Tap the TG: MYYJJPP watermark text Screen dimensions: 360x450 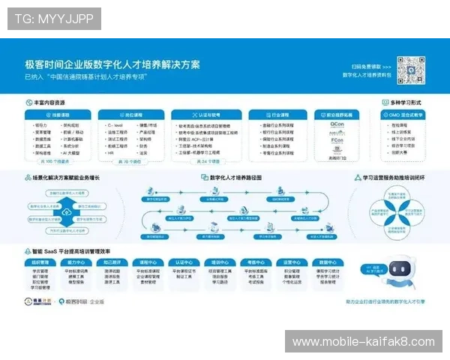click(54, 19)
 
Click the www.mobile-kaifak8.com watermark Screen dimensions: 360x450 click(363, 341)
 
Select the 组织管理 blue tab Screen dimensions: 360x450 click(41, 262)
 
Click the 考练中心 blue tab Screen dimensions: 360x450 click(256, 262)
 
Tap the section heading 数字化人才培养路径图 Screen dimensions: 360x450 click(229, 178)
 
